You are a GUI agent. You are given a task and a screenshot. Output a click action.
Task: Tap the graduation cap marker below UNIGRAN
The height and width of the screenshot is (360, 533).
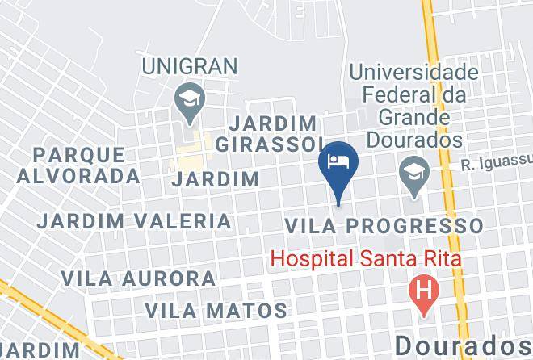coord(190,102)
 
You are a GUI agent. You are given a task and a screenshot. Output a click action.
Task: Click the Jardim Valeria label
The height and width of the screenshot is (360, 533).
coord(135,220)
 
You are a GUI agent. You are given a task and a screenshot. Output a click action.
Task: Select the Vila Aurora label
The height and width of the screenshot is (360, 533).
coord(139,278)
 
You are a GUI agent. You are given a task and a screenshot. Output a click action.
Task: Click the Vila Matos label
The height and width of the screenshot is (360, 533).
coord(216,309)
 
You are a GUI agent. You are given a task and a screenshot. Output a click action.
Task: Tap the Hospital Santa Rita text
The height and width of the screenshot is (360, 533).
coord(365,260)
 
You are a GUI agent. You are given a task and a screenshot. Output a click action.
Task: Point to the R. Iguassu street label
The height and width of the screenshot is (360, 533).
coord(496,165)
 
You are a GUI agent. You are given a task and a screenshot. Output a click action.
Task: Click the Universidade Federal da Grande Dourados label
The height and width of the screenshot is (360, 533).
coord(414,105)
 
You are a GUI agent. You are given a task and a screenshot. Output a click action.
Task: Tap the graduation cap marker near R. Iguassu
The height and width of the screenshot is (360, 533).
coord(414,174)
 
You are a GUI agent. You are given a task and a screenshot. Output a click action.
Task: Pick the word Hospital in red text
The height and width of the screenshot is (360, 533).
coord(310,260)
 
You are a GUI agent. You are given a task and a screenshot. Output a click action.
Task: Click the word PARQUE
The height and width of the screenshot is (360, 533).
coord(79,153)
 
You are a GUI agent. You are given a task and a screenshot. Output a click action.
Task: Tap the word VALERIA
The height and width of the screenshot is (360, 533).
coord(193,220)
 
